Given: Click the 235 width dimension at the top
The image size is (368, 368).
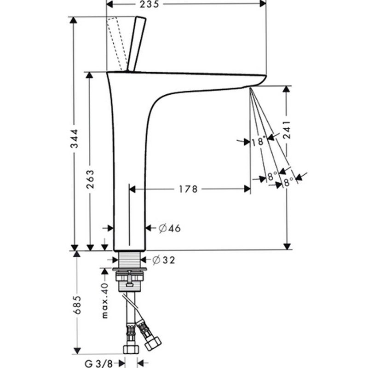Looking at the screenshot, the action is click(149, 4).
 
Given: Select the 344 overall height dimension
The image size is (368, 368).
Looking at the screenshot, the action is click(75, 138).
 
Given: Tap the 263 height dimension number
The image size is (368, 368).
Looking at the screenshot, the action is click(90, 179).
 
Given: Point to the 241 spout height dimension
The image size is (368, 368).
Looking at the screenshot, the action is click(287, 130).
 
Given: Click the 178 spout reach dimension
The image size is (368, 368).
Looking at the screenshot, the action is click(188, 189).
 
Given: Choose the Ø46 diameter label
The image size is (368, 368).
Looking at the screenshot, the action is click(169, 228).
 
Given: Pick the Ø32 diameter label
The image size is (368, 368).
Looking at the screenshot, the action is click(164, 260).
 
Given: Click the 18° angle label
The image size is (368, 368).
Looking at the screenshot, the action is click(259, 141).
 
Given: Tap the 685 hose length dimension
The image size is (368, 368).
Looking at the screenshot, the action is click(77, 305).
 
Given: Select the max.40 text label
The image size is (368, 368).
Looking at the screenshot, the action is click(105, 301).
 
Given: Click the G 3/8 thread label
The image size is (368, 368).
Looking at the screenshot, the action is click(98, 364).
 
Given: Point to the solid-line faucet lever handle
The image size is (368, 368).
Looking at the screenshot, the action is click(136, 44).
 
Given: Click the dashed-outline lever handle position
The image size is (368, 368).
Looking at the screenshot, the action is click(117, 44).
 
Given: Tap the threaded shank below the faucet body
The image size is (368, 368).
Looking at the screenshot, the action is click(130, 259).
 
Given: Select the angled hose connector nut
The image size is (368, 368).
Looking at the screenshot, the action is click(153, 344).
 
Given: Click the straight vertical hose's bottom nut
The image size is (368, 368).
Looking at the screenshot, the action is click(131, 349).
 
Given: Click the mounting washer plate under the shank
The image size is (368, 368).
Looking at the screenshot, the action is click(130, 269).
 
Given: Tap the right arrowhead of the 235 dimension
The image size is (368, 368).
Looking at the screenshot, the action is click(263, 4).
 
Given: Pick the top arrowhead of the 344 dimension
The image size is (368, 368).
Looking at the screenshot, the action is click(74, 20).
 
